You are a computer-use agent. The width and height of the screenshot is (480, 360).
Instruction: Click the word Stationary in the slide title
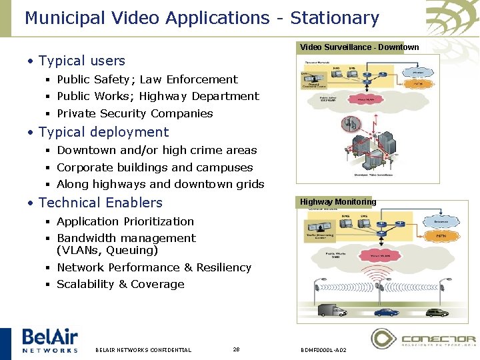[x=335, y=18]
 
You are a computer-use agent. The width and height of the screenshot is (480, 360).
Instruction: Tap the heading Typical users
[x=82, y=61]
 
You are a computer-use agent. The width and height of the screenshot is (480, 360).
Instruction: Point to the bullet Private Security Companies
[x=135, y=113]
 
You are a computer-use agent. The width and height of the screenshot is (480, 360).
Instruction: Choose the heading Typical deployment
[x=103, y=132]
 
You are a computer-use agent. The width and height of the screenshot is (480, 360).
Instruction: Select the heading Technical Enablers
[x=101, y=203]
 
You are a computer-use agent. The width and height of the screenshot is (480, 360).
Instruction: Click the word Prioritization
[x=158, y=221]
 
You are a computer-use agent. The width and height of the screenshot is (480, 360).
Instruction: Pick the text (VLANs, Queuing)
[x=107, y=250]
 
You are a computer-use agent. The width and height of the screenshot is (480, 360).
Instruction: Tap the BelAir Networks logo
[x=49, y=339]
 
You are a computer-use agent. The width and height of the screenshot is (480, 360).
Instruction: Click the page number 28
[x=236, y=349]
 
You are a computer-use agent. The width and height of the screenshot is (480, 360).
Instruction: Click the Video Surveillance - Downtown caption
[x=359, y=47]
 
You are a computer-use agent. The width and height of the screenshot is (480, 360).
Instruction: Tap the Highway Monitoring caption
[x=338, y=201]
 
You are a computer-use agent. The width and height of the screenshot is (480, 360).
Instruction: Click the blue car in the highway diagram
[x=386, y=311]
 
